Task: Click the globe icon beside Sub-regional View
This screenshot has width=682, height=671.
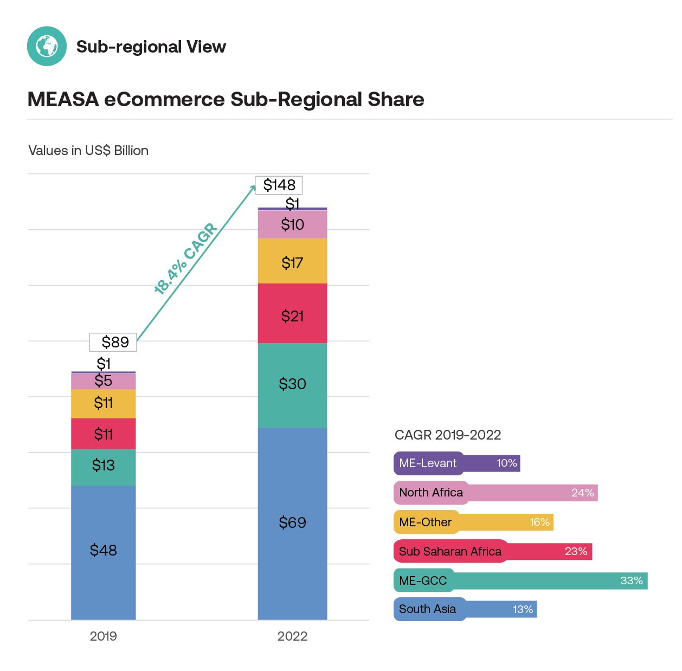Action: (47, 46)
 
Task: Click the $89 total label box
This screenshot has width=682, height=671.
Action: (113, 342)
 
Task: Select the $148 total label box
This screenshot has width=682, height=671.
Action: (279, 185)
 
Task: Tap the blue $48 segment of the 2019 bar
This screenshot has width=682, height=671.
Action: (103, 550)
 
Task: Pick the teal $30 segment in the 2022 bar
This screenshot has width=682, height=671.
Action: (292, 384)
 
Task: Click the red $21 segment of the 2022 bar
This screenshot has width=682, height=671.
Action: (292, 316)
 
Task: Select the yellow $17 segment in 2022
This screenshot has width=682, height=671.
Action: (292, 263)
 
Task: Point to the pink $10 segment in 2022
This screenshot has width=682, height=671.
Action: (292, 224)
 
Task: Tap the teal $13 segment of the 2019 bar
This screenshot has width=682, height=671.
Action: (103, 466)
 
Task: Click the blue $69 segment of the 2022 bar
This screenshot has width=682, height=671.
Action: (292, 522)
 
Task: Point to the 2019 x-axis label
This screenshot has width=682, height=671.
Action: (103, 636)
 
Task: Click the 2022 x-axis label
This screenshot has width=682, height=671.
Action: (292, 636)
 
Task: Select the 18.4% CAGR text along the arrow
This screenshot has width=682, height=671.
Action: (185, 259)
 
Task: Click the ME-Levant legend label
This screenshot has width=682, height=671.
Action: (428, 463)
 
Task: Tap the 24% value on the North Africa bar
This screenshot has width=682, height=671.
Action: (582, 493)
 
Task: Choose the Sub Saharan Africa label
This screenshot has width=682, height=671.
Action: (450, 552)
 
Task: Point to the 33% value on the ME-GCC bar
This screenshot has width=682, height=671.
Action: (631, 580)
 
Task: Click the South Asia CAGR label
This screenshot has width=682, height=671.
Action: (427, 609)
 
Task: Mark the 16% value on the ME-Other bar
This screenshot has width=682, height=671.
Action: (539, 522)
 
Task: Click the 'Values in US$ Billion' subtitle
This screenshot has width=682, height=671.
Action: (88, 151)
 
